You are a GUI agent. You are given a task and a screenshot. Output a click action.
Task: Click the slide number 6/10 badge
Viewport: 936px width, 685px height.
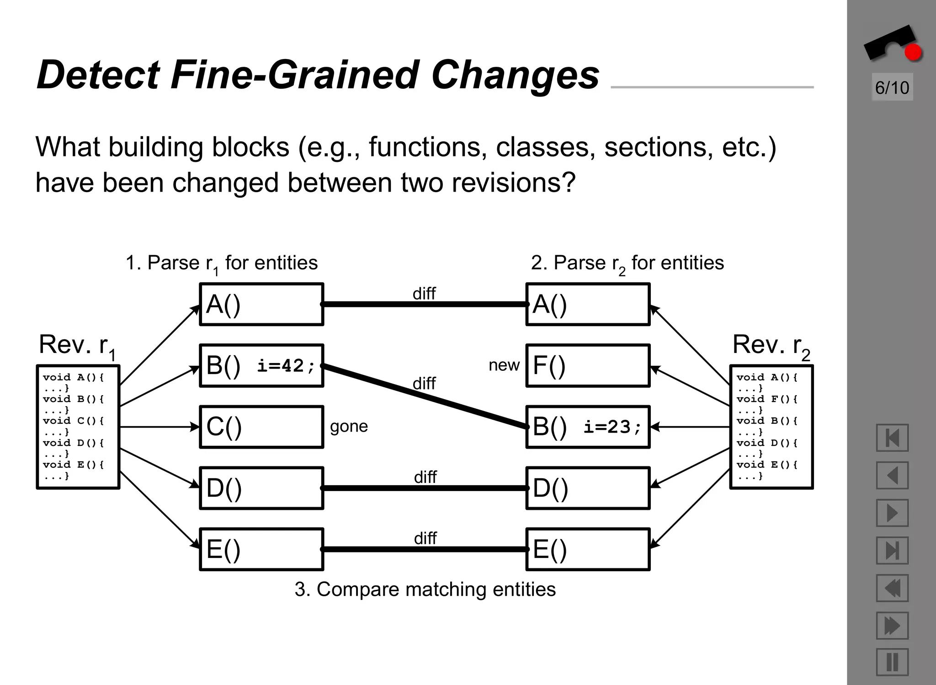[892, 87]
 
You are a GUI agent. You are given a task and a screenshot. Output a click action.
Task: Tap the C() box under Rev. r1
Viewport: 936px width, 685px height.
[261, 427]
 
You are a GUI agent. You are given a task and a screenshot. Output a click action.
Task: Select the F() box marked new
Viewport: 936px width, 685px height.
[588, 366]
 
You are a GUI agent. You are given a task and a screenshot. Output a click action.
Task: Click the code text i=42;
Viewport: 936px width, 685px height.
[286, 366]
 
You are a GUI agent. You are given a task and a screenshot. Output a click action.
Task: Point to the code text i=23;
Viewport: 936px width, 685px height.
[612, 427]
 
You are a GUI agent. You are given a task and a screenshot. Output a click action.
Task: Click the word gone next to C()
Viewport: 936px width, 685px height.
[349, 426]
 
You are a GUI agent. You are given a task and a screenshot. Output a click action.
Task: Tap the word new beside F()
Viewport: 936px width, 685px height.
[504, 365]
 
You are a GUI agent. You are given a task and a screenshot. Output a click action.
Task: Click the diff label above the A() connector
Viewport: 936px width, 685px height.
[424, 294]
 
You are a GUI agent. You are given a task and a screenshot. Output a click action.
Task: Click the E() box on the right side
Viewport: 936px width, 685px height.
[588, 549]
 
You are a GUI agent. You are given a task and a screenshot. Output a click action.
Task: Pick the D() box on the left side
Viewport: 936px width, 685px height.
[261, 488]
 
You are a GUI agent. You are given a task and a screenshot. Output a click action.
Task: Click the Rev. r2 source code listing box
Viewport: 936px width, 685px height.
[771, 427]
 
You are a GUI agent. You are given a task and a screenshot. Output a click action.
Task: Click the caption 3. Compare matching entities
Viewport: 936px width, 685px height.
[425, 589]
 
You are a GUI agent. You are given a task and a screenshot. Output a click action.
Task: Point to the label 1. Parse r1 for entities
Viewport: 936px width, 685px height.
[222, 263]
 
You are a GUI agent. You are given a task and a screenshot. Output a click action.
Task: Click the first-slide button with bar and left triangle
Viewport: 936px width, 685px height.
[892, 438]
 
